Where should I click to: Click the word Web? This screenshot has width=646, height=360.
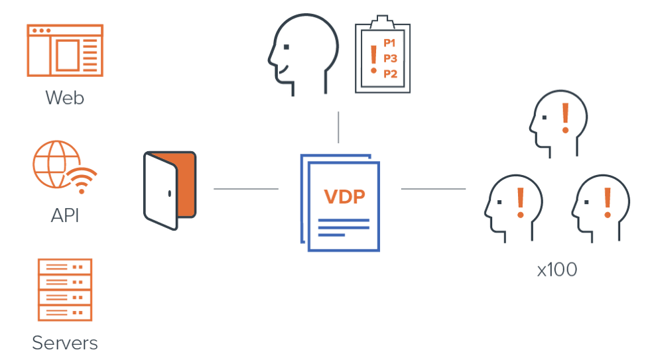coord(65,98)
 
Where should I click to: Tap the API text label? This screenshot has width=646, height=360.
coord(65,216)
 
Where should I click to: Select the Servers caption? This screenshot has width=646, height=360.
coord(65,343)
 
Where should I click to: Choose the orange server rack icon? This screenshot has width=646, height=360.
coord(65,290)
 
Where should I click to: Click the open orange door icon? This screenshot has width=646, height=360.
coord(170,189)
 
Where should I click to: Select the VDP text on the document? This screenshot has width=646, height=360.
coord(346,197)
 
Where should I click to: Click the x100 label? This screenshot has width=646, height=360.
coord(556,270)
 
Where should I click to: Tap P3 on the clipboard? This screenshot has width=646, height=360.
coord(390,58)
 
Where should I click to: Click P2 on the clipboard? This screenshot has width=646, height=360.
coord(390,74)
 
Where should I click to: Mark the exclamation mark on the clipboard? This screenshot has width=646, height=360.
coord(374,58)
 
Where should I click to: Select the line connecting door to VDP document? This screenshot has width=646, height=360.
coord(246,189)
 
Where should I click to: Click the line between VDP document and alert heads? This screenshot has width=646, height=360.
coord(433,189)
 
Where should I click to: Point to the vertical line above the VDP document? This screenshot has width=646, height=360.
coord(339,127)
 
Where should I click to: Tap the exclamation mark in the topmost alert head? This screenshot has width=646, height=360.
coord(566,118)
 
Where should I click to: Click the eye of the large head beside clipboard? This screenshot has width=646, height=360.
coord(287,47)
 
